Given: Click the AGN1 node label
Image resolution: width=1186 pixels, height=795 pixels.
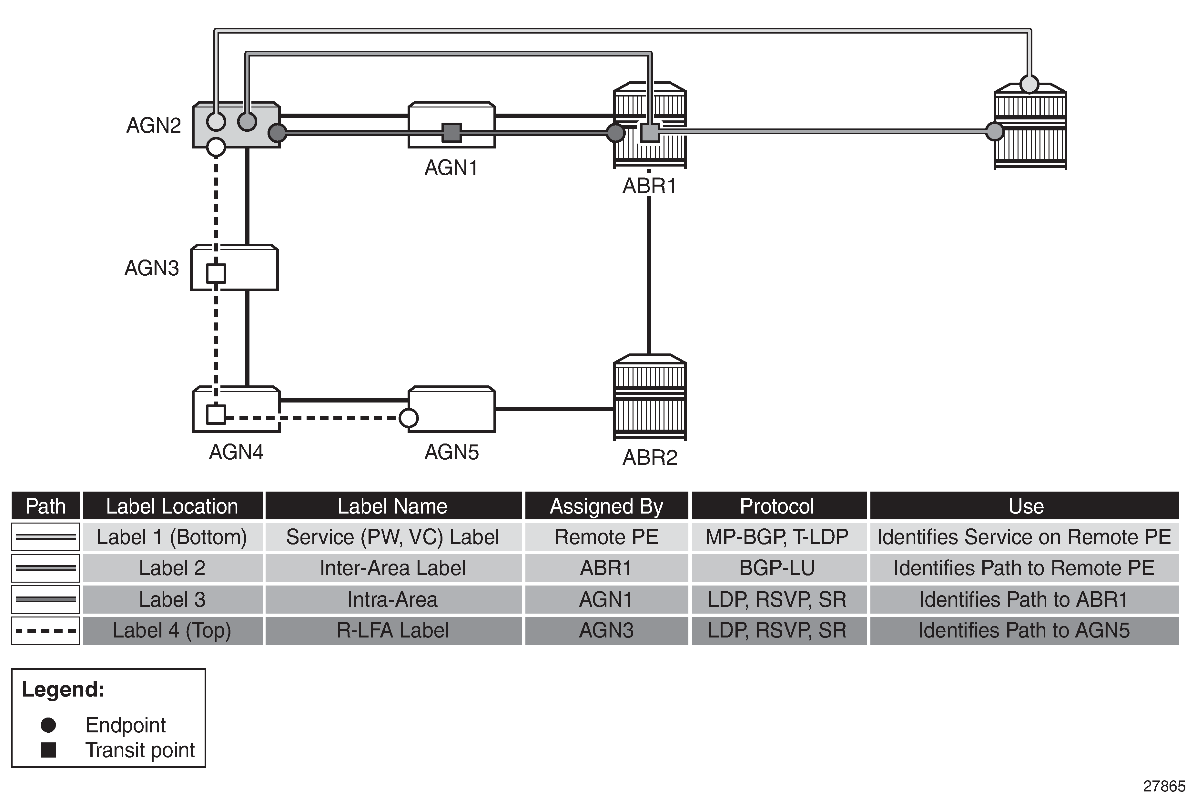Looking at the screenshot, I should [451, 168].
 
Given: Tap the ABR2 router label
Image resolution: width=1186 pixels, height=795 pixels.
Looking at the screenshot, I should [649, 457].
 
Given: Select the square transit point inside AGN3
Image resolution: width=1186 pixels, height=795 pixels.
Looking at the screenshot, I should [216, 274].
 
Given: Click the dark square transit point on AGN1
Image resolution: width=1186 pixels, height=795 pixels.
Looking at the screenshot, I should [451, 133].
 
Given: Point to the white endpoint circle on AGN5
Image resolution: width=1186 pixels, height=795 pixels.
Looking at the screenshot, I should [409, 418].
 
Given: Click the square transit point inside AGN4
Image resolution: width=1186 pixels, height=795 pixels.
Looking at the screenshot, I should [216, 415].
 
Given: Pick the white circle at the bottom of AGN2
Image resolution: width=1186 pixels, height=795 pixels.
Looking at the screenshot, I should [217, 147].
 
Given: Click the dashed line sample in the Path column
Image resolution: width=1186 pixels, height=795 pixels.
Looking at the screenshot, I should [46, 631].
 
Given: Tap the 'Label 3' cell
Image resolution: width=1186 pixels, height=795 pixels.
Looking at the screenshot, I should [172, 599].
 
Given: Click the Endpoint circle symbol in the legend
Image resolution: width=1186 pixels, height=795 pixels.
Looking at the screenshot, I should [48, 725].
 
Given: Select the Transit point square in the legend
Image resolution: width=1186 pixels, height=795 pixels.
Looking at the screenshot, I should [48, 749].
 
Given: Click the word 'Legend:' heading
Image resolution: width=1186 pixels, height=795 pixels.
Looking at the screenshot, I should [63, 689].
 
